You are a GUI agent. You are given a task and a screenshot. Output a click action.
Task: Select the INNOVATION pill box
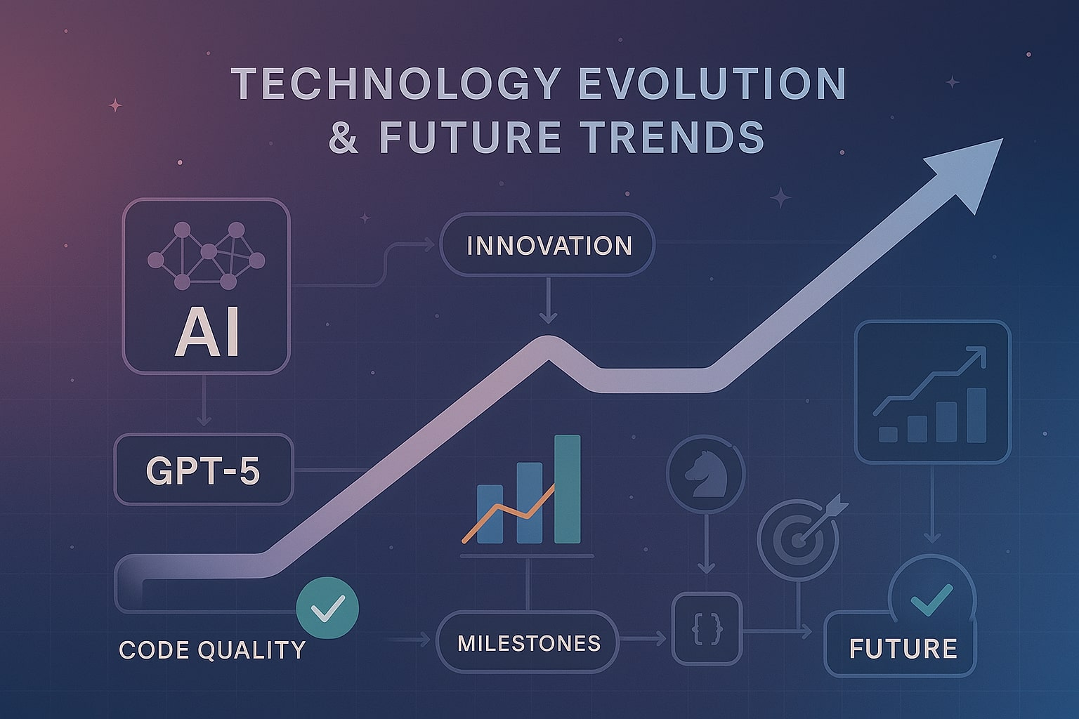click(x=547, y=246)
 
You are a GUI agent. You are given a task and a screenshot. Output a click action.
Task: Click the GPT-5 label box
click(x=202, y=470)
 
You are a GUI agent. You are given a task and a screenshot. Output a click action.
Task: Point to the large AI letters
click(x=207, y=335)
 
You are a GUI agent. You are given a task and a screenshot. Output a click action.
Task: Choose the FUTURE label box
click(x=902, y=648)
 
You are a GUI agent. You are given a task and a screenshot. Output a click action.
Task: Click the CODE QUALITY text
click(x=212, y=649)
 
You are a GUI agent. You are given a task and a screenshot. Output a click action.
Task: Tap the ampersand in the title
click(x=344, y=137)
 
